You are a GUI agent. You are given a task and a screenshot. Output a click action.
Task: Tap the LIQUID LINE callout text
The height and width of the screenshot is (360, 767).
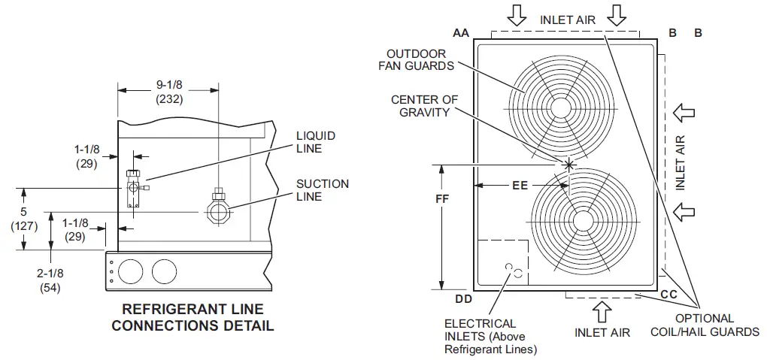tap(316, 142)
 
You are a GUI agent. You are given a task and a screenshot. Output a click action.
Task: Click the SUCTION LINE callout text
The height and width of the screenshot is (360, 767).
tap(322, 190)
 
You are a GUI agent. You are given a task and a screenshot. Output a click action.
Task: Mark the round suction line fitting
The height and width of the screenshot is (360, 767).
tap(219, 213)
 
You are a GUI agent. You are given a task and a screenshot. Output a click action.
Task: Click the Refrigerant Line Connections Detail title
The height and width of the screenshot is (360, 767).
tap(193, 317)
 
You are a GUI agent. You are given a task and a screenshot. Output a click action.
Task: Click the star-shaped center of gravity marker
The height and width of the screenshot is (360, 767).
tap(568, 164)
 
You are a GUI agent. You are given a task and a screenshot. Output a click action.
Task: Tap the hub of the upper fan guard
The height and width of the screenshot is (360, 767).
tap(561, 108)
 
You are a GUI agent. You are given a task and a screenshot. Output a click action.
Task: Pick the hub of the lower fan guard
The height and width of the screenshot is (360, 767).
tap(581, 219)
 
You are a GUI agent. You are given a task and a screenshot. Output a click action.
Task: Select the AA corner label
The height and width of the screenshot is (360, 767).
tap(461, 33)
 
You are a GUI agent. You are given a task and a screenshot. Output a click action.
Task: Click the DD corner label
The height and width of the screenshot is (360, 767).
tap(465, 300)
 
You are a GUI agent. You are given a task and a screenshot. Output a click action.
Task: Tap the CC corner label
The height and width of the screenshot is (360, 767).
tap(668, 294)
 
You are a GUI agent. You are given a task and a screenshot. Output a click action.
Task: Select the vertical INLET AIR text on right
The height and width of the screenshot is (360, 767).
tap(680, 162)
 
